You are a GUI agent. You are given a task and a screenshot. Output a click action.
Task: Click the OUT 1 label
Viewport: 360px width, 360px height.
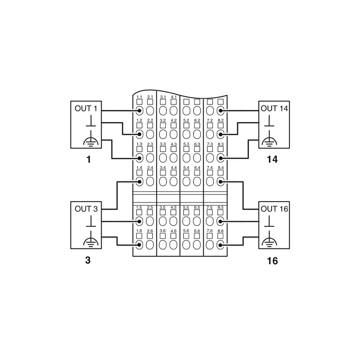click(85, 108)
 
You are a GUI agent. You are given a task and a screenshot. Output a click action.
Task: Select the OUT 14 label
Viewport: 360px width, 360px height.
click(275, 108)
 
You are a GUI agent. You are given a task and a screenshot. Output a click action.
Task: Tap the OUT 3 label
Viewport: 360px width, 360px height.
click(85, 209)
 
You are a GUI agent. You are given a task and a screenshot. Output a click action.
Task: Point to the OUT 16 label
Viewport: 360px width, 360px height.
click(275, 209)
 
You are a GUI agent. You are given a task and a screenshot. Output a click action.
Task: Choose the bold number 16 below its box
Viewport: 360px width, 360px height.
click(272, 261)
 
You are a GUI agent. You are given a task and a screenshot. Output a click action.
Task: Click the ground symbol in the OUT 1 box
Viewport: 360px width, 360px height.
click(91, 140)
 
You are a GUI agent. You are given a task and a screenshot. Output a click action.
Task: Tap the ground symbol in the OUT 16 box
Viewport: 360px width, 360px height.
click(269, 240)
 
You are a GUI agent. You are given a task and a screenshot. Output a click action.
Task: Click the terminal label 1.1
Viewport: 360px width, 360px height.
click(139, 97)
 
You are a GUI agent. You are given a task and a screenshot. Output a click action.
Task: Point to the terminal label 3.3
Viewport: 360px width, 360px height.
click(163, 144)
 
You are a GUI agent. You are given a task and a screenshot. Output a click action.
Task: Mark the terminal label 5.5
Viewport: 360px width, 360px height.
click(187, 207)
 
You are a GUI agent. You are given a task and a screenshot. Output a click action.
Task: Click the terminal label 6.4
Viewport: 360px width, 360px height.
click(197, 167)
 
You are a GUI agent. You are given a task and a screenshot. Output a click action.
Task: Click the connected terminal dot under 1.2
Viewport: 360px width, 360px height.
click(139, 134)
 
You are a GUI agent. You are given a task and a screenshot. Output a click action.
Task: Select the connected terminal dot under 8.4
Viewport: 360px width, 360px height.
click(220, 181)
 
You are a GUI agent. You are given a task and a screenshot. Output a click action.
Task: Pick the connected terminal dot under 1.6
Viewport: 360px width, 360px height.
click(139, 245)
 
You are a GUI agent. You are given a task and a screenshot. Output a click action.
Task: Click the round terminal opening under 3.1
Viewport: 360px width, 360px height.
click(163, 111)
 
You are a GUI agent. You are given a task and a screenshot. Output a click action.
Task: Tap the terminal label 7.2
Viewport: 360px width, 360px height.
click(210, 121)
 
